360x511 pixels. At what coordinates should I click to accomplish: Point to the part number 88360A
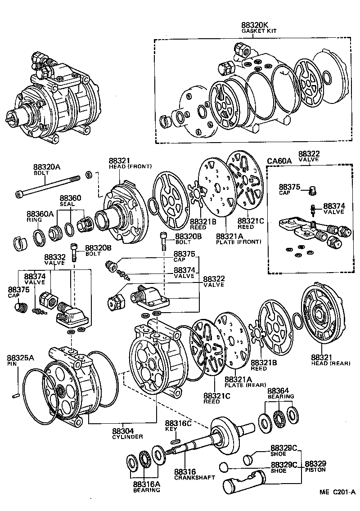(x=40, y=214)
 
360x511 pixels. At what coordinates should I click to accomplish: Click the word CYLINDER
(x=127, y=437)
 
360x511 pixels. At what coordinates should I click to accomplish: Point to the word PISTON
(x=315, y=470)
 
